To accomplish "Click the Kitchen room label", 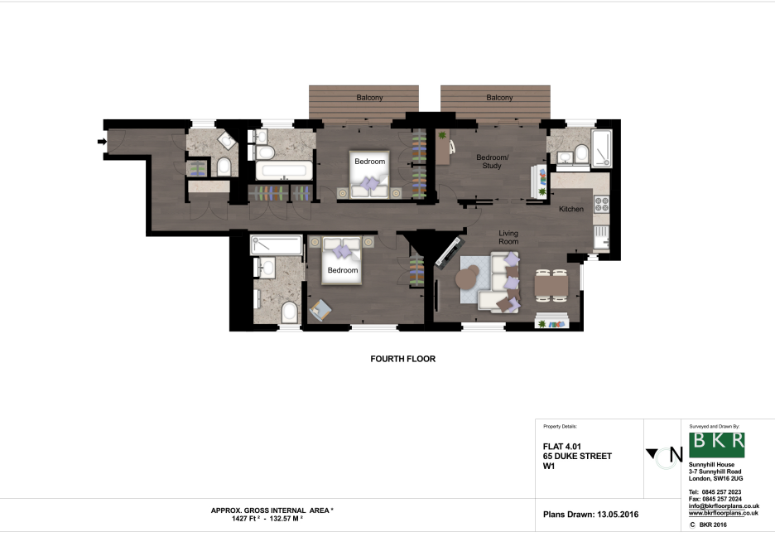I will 571,209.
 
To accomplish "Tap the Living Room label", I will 508,239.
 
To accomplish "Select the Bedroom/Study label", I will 492,162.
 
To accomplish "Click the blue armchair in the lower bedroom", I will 320,311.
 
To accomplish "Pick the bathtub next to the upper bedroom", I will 283,172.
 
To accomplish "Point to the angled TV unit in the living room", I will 450,250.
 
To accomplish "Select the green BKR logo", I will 716,445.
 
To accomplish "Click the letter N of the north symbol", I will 676,454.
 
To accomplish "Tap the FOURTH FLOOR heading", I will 402,360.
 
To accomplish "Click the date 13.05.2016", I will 617,515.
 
